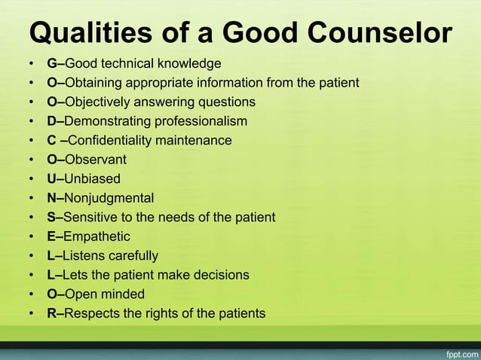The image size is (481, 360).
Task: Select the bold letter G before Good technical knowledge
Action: (51, 63)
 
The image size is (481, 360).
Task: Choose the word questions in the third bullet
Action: (226, 102)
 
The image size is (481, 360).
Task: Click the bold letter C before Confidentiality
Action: (52, 140)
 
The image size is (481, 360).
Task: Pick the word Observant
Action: (96, 160)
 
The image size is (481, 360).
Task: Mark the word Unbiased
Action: (93, 179)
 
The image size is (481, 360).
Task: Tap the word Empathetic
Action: (97, 236)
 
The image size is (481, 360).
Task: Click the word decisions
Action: (221, 275)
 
